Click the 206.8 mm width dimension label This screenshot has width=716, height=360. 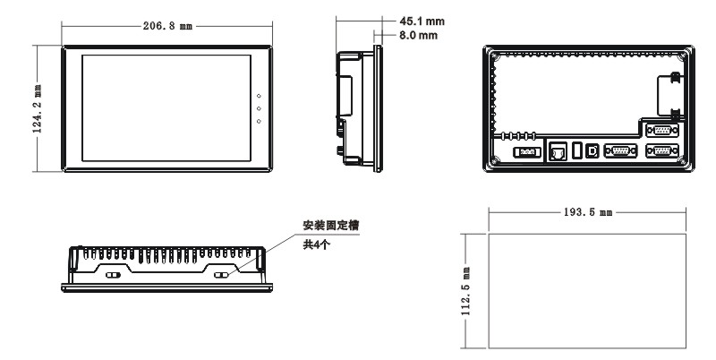click(167, 27)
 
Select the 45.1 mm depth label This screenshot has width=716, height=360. click(420, 21)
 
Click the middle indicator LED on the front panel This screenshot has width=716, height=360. click(258, 108)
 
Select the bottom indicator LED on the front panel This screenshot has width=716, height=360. click(258, 120)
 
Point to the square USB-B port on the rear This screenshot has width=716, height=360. click(592, 150)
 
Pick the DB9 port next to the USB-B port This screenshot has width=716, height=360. click(619, 151)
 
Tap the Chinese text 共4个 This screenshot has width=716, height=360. click(315, 246)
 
